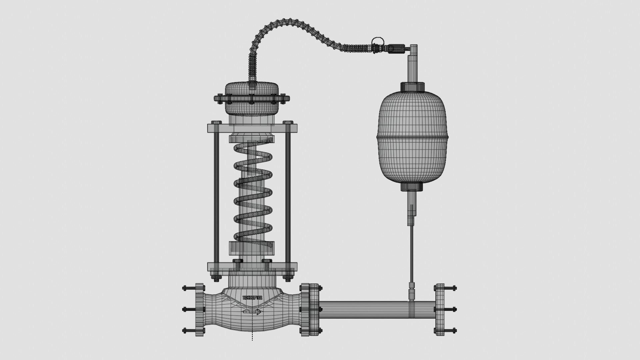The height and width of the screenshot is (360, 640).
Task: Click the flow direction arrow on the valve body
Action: (x=252, y=312)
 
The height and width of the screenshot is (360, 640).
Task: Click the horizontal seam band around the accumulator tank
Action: (x=413, y=137)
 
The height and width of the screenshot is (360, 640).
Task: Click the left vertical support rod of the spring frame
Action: (x=216, y=197)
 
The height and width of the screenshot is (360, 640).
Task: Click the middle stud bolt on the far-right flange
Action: (x=451, y=310)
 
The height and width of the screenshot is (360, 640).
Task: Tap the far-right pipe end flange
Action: (x=439, y=310)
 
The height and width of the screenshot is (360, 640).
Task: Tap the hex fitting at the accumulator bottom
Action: (x=412, y=187)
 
